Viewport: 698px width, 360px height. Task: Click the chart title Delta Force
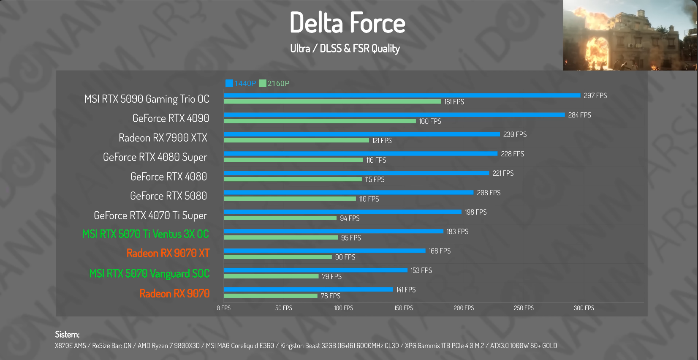point(347,23)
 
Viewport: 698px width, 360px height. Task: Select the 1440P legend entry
point(241,83)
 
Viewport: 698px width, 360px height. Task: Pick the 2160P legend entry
point(274,83)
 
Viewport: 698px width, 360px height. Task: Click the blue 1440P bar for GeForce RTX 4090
point(394,115)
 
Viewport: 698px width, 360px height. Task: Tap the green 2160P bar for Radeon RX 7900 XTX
point(296,140)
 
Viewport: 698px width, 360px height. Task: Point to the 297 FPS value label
point(595,96)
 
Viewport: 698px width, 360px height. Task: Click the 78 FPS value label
point(330,296)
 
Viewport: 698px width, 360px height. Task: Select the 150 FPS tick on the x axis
point(404,308)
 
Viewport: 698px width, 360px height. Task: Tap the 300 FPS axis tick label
point(584,308)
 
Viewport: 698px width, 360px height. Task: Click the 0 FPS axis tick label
point(224,308)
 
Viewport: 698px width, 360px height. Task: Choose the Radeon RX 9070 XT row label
point(168,253)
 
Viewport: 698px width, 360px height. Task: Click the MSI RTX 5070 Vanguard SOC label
point(149,274)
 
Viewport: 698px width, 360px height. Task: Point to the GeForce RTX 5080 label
point(168,196)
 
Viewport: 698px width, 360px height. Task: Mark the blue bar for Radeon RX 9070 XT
point(324,251)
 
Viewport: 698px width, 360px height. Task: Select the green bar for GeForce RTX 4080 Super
point(293,160)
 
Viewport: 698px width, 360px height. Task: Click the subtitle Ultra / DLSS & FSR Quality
point(345,49)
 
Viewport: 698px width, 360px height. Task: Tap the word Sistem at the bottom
point(67,335)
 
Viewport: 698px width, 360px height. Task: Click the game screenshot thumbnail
point(630,35)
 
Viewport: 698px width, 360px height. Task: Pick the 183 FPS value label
point(457,232)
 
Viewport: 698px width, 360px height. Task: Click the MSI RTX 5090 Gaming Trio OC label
point(147,99)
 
